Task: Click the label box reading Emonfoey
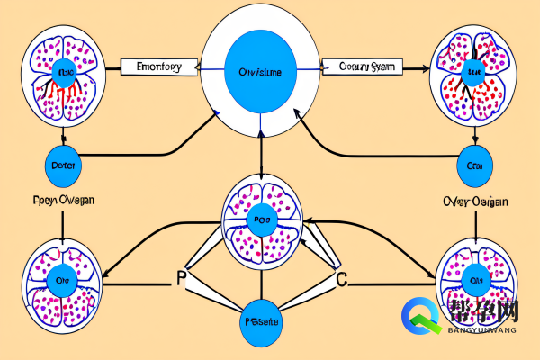click(x=158, y=67)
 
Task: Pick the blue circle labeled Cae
click(x=475, y=166)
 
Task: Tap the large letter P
click(x=180, y=278)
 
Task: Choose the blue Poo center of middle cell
click(x=260, y=220)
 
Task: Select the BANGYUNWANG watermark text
click(x=480, y=330)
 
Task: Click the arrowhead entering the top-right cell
click(x=424, y=67)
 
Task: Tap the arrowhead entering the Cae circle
click(x=475, y=143)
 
